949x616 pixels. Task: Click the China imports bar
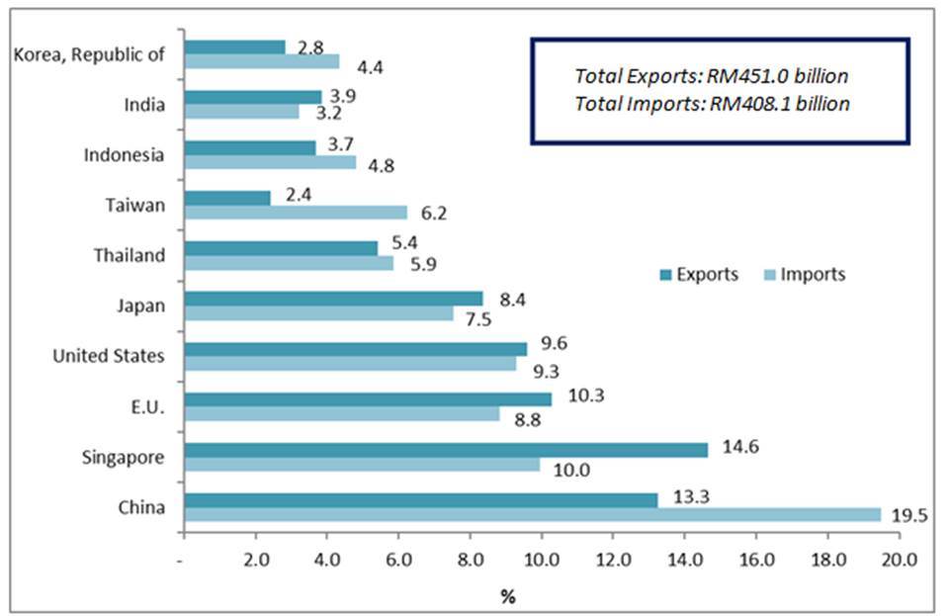(532, 514)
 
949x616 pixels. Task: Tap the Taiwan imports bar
(296, 212)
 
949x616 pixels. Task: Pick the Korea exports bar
(234, 47)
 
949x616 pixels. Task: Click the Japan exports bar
(333, 298)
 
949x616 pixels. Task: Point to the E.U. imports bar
(342, 413)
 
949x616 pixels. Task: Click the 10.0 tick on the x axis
(541, 560)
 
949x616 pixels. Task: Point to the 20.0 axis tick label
(899, 560)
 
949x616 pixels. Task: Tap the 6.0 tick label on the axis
(397, 560)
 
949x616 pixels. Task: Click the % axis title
(507, 596)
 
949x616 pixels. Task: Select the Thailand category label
(129, 255)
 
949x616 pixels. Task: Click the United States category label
(109, 355)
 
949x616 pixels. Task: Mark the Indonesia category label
(125, 155)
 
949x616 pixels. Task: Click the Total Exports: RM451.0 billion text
(712, 75)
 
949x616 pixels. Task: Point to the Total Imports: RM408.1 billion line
(712, 104)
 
